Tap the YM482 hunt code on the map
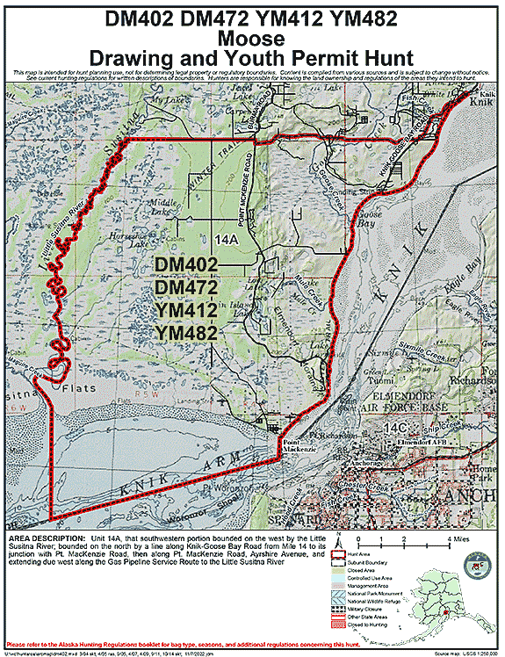point(186,332)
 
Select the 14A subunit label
point(227,238)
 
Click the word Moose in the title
point(251,40)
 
